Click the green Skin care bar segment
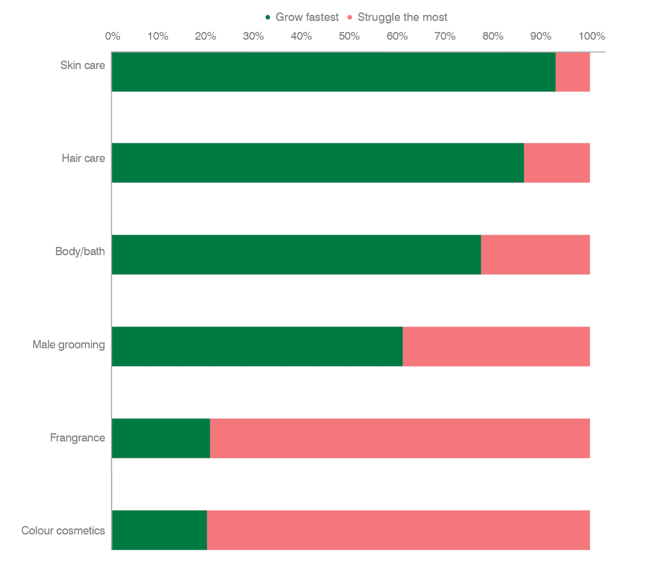[x=333, y=72]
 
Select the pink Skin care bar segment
[x=572, y=72]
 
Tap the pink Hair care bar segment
[x=557, y=163]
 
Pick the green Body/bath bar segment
[x=296, y=255]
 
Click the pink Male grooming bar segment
[x=496, y=346]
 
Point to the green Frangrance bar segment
[x=161, y=438]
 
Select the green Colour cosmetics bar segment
[x=159, y=530]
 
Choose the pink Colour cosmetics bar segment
[x=398, y=530]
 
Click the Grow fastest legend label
[x=307, y=17]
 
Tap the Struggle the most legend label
[x=402, y=17]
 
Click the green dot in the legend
[x=268, y=17]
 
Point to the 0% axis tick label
[x=112, y=36]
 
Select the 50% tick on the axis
[x=349, y=36]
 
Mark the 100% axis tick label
[x=592, y=36]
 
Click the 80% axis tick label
[x=492, y=36]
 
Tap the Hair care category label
[x=83, y=158]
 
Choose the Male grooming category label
[x=68, y=345]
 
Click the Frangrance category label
[x=77, y=438]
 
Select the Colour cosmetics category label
[x=63, y=531]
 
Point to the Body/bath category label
[x=80, y=251]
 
